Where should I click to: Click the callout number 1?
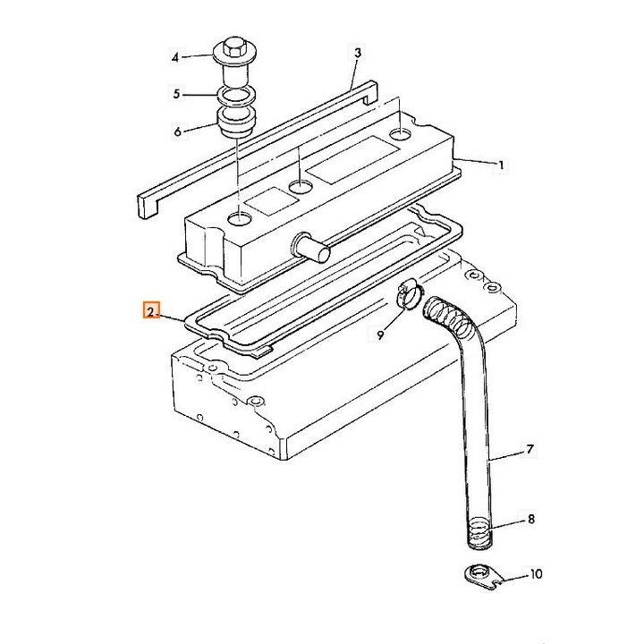click(501, 165)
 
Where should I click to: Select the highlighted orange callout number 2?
click(151, 311)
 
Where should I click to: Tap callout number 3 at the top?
click(357, 53)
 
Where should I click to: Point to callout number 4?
click(175, 57)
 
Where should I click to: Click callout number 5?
click(176, 94)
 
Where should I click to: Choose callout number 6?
click(177, 131)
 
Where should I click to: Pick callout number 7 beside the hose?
click(530, 449)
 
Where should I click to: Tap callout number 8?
click(531, 519)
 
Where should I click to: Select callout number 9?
click(381, 335)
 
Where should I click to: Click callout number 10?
click(536, 573)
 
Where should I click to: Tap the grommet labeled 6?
click(236, 122)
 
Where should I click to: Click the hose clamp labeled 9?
click(410, 292)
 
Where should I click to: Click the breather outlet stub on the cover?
click(311, 248)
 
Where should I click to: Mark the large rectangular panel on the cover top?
click(352, 160)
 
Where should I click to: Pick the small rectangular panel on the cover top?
click(272, 201)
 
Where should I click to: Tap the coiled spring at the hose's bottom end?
click(479, 533)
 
